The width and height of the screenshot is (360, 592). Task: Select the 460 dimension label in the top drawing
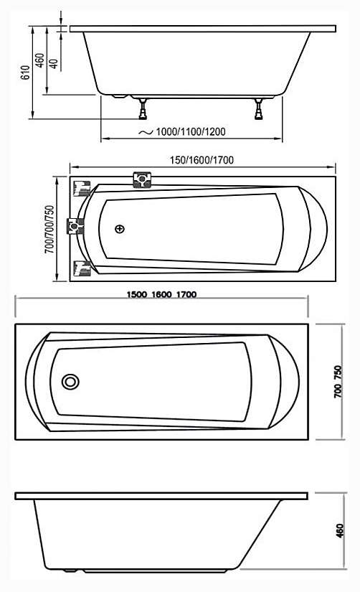pyautogui.click(x=40, y=60)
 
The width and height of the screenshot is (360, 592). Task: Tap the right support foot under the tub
pyautogui.click(x=257, y=108)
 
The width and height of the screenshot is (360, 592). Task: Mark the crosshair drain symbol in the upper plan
pyautogui.click(x=119, y=229)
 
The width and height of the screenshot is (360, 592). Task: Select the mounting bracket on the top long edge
pyautogui.click(x=142, y=179)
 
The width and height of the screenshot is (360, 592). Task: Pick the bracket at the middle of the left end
pyautogui.click(x=75, y=227)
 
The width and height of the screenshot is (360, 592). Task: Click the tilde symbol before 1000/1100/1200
pyautogui.click(x=144, y=133)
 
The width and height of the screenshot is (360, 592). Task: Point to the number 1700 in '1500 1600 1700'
pyautogui.click(x=186, y=294)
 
